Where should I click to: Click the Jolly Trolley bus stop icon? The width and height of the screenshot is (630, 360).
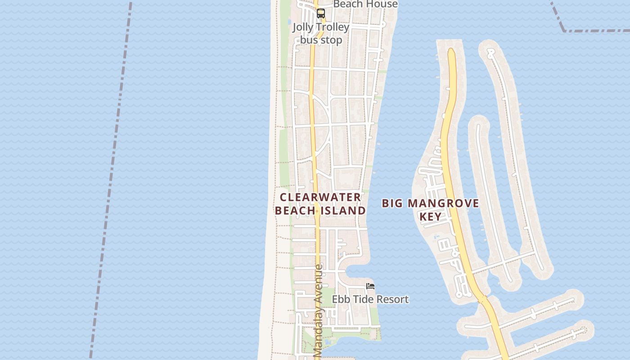click(320, 13)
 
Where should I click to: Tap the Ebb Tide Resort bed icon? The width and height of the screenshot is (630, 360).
click(370, 286)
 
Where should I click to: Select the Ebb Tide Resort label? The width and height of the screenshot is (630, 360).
click(370, 299)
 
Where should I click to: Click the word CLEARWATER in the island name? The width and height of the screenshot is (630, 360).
click(320, 197)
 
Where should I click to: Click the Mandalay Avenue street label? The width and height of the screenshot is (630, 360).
click(318, 311)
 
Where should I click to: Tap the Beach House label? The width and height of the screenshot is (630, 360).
click(365, 4)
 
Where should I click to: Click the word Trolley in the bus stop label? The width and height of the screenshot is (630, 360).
click(334, 27)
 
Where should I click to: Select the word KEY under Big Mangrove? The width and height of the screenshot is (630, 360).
click(430, 216)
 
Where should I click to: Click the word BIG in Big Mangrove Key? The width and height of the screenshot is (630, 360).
click(392, 203)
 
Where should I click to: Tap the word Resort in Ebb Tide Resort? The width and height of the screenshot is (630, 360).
click(391, 299)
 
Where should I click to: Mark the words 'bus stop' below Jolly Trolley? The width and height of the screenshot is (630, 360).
click(321, 40)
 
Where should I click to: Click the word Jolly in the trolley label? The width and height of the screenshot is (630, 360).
click(302, 27)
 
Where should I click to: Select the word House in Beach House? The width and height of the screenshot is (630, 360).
click(382, 4)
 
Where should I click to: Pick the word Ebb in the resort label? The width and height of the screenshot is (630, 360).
click(341, 299)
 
